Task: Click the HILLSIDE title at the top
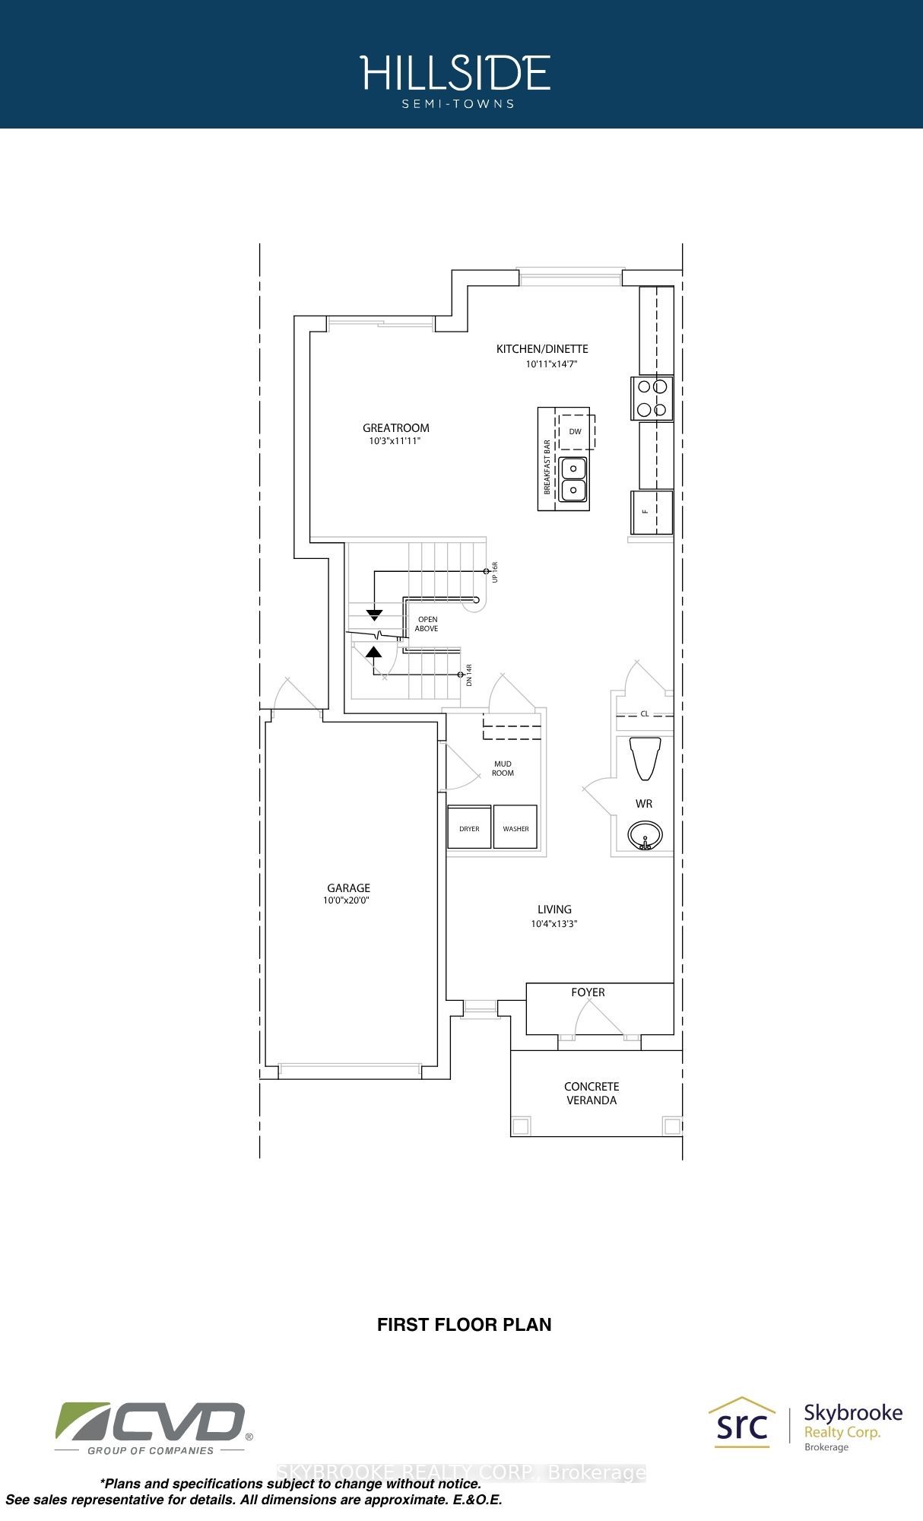pyautogui.click(x=455, y=73)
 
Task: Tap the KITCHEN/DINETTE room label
pyautogui.click(x=542, y=349)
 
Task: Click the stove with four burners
pyautogui.click(x=652, y=399)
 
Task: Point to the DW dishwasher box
pyautogui.click(x=575, y=431)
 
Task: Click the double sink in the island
pyautogui.click(x=573, y=479)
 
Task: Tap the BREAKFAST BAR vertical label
pyautogui.click(x=547, y=467)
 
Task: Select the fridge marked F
pyautogui.click(x=652, y=512)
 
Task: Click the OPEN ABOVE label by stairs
pyautogui.click(x=427, y=624)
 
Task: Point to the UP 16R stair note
pyautogui.click(x=494, y=572)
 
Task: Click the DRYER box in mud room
pyautogui.click(x=469, y=827)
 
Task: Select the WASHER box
pyautogui.click(x=515, y=827)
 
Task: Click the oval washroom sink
pyautogui.click(x=645, y=835)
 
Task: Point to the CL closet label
pyautogui.click(x=645, y=714)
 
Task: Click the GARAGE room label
pyautogui.click(x=349, y=888)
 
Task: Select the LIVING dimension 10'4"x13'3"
pyautogui.click(x=554, y=924)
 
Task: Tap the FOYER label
pyautogui.click(x=588, y=992)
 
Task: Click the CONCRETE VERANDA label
pyautogui.click(x=592, y=1094)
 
